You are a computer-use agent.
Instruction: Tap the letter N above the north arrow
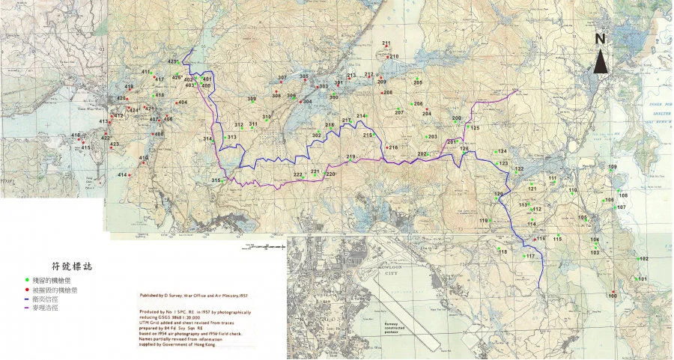(x=601, y=39)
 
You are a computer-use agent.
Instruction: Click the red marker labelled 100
(x=613, y=291)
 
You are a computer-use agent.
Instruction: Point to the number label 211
(x=386, y=43)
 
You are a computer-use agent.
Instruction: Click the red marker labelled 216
(x=386, y=147)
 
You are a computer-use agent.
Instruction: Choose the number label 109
(x=613, y=167)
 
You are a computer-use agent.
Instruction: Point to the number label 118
(x=503, y=252)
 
